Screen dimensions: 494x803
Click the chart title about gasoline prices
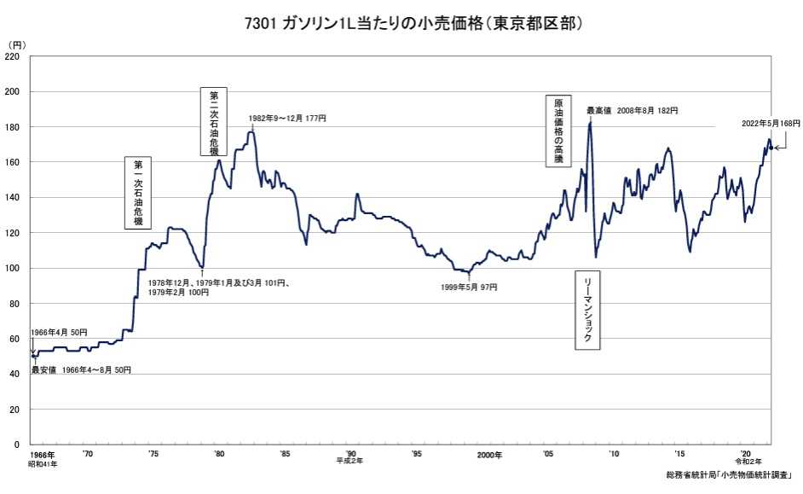401,22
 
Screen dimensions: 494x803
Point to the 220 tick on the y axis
13,56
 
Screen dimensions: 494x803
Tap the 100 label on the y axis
13,268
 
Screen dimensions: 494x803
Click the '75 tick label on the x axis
153,455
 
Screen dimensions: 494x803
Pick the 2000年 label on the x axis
489,455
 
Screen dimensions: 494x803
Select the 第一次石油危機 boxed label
138,193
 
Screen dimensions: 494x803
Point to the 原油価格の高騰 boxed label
559,129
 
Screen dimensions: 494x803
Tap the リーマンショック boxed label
588,311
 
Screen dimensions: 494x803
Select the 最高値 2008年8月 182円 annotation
632,111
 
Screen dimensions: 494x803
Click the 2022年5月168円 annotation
771,124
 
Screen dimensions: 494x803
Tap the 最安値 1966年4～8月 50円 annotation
81,370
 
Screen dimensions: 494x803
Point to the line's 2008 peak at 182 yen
590,123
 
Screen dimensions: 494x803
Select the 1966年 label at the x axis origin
43,455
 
